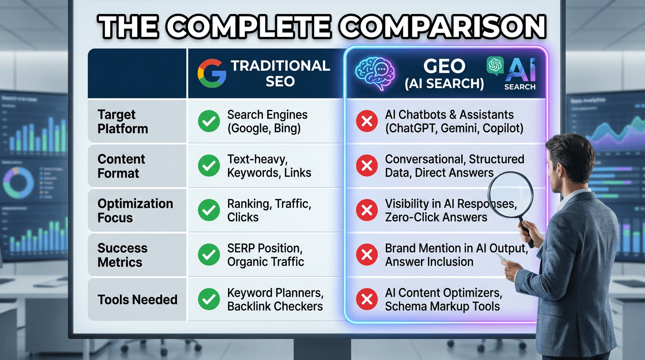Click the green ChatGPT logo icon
495,66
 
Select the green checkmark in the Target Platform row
209,121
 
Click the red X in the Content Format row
367,166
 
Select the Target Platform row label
123,121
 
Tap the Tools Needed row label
137,300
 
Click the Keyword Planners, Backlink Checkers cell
275,300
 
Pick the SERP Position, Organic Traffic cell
266,255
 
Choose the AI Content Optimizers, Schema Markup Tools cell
443,300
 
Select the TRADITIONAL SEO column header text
280,73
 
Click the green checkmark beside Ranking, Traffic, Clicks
209,210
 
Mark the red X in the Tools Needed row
367,300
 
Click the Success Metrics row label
122,255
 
